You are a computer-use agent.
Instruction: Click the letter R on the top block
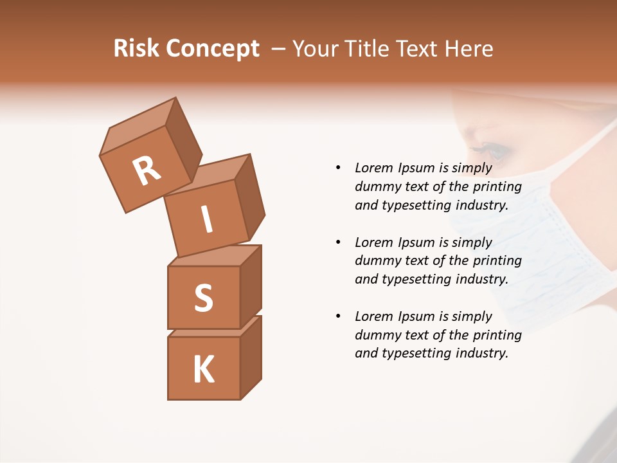tap(147, 170)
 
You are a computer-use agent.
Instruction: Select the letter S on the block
tap(203, 298)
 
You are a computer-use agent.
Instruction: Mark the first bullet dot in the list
tap(338, 168)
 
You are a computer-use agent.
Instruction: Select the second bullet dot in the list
tap(338, 242)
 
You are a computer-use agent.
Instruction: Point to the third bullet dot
tap(338, 316)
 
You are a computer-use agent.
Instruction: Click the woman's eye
tap(495, 151)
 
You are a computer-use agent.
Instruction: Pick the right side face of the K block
tap(251, 357)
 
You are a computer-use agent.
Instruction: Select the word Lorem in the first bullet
tap(374, 168)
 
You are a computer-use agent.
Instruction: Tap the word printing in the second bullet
tap(497, 260)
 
